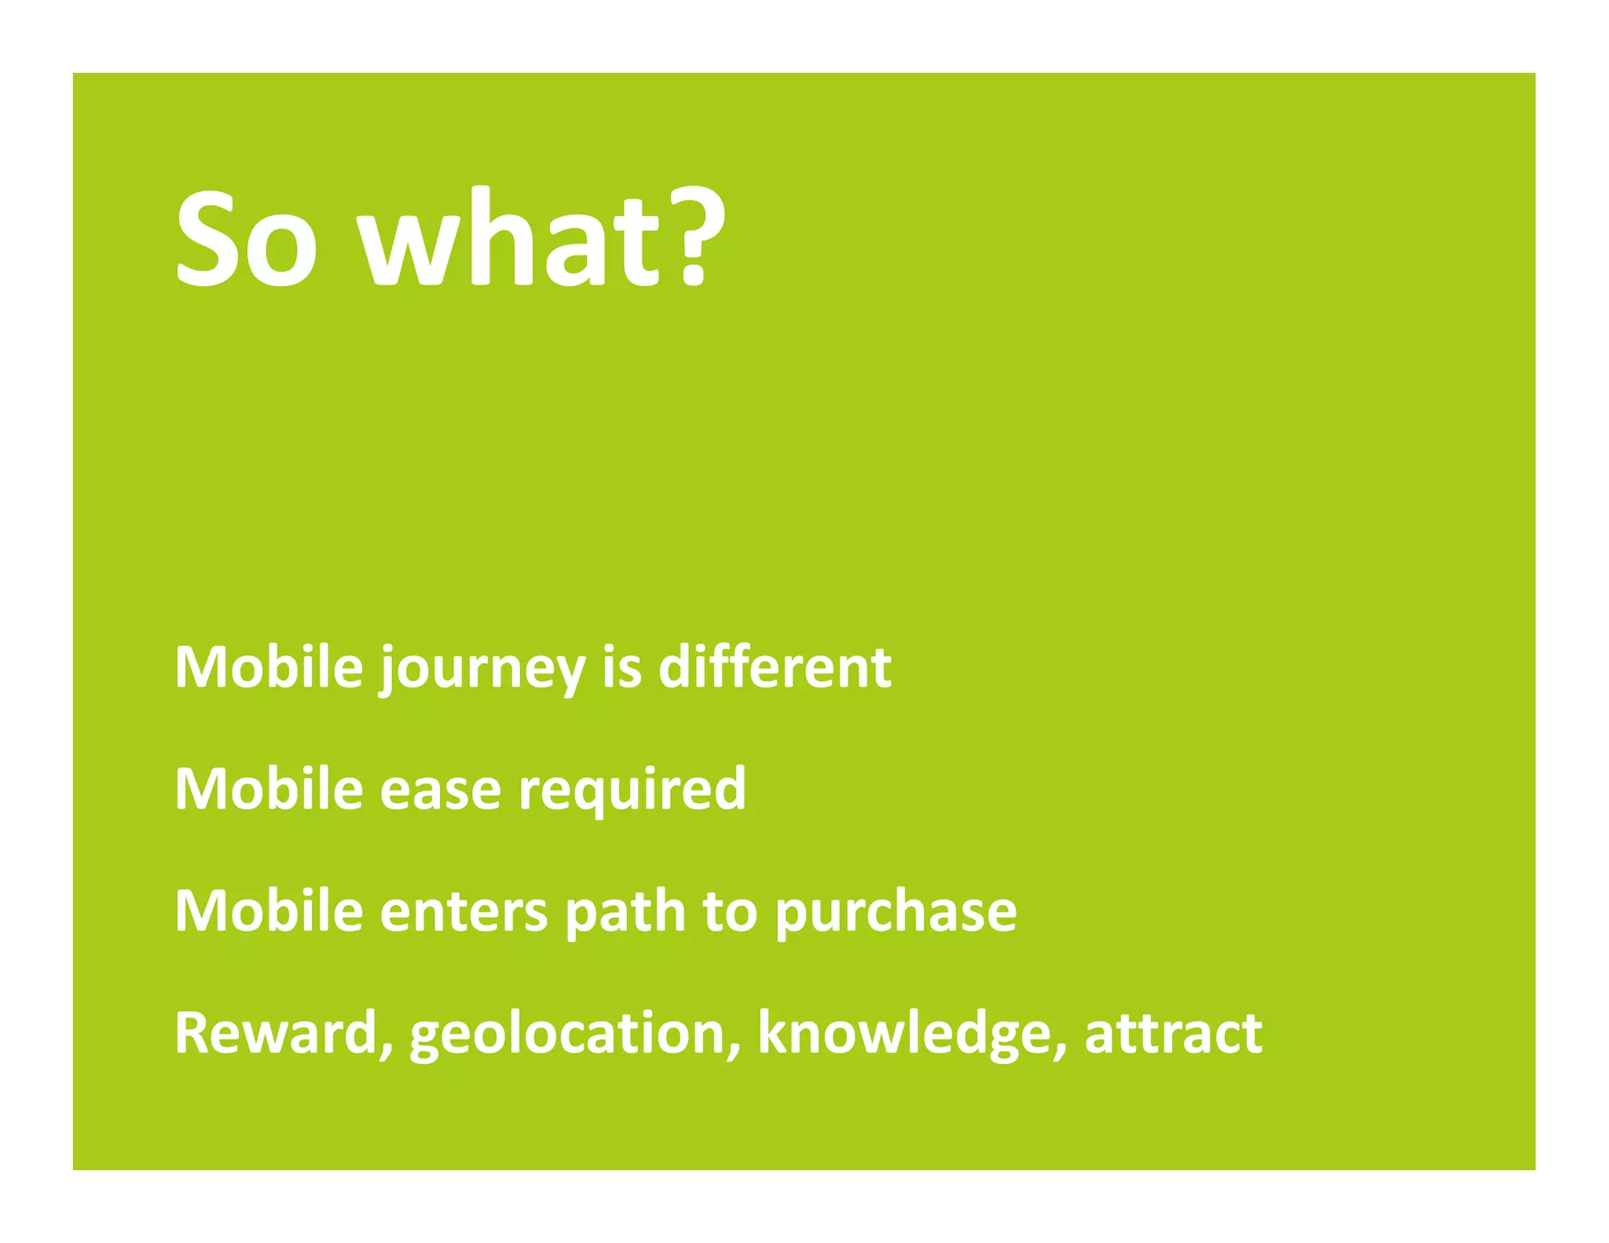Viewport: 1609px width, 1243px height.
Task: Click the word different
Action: click(774, 667)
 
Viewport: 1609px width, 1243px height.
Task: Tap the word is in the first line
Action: click(621, 667)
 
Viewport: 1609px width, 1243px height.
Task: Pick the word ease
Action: click(440, 790)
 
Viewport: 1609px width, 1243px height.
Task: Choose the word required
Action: click(632, 790)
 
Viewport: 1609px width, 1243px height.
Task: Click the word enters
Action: click(464, 911)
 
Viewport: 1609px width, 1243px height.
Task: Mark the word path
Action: click(625, 911)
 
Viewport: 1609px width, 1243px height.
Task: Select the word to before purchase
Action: click(729, 911)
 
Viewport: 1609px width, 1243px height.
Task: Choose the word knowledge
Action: click(903, 1034)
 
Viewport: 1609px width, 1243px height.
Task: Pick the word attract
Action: click(1173, 1032)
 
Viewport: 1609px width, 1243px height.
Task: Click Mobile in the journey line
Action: click(269, 667)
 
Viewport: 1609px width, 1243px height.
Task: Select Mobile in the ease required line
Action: click(269, 789)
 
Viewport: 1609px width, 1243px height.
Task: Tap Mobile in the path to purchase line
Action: click(269, 911)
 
